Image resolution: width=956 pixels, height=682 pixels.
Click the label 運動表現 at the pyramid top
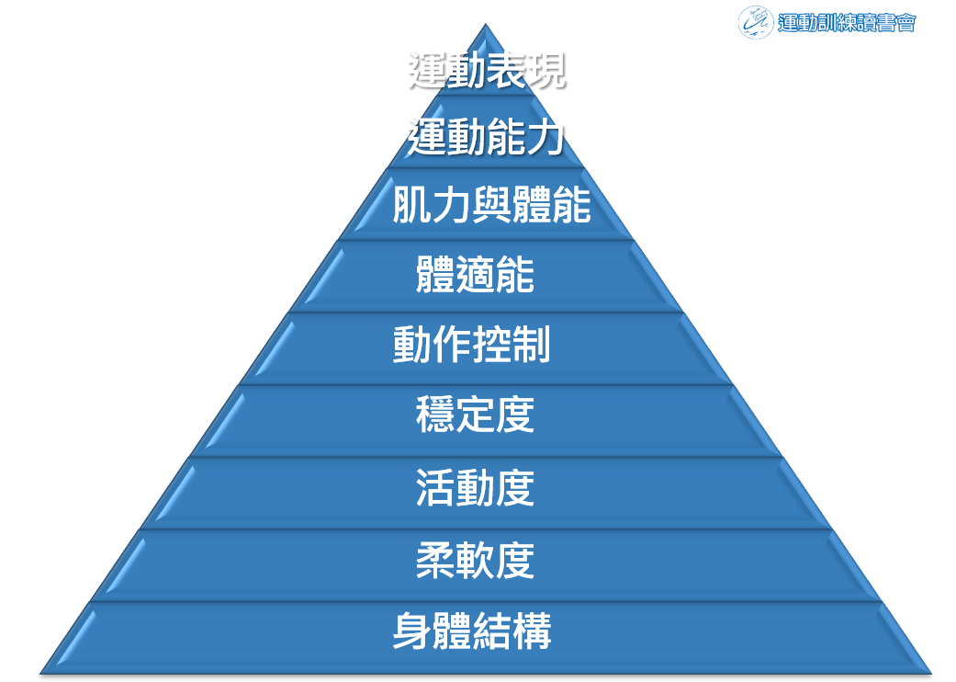click(487, 71)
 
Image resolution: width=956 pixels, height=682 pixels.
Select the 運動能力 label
click(487, 138)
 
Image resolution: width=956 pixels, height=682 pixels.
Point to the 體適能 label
click(475, 275)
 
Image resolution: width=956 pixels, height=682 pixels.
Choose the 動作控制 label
click(472, 345)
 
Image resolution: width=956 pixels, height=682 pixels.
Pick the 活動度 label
click(475, 487)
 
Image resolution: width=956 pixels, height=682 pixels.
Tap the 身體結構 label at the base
click(472, 631)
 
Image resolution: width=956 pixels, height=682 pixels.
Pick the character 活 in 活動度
click(435, 487)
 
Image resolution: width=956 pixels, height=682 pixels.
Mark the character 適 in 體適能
click(475, 275)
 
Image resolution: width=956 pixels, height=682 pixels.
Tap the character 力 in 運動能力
click(546, 138)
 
